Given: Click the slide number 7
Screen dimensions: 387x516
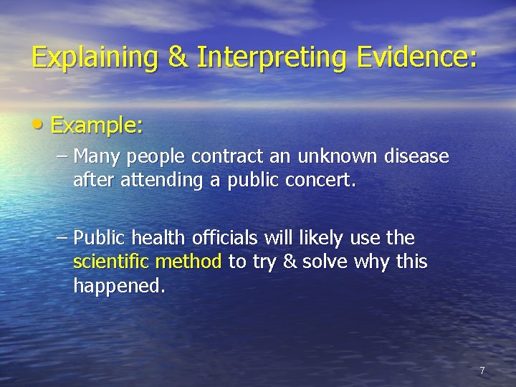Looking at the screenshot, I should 482,371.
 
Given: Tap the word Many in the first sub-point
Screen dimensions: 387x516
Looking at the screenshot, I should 94,156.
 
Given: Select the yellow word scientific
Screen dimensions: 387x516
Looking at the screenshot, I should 111,262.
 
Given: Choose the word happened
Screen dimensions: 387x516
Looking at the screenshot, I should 119,287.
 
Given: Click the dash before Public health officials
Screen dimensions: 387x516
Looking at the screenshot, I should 62,237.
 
